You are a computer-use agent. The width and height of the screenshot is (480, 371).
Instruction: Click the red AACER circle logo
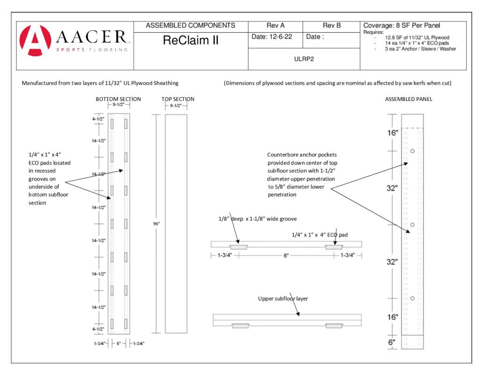pyautogui.click(x=35, y=40)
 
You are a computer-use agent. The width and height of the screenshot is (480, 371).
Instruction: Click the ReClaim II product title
pyautogui.click(x=191, y=40)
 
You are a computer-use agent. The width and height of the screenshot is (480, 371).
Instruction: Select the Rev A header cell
pyautogui.click(x=276, y=25)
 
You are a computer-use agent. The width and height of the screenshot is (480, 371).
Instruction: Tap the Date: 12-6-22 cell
pyautogui.click(x=272, y=37)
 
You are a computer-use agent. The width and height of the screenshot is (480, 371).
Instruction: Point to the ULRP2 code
pyautogui.click(x=304, y=59)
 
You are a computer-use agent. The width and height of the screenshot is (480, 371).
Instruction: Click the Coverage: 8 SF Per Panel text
pyautogui.click(x=402, y=25)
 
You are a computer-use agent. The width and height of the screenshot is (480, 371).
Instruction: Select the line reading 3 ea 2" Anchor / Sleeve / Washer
pyautogui.click(x=420, y=49)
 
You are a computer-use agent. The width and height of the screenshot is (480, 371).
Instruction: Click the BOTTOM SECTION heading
pyautogui.click(x=118, y=99)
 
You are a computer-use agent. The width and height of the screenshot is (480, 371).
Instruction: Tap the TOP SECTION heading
pyautogui.click(x=178, y=99)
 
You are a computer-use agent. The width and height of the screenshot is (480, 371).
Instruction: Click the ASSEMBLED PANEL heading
pyautogui.click(x=409, y=99)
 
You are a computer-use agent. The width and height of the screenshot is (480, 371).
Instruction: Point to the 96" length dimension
pyautogui.click(x=157, y=224)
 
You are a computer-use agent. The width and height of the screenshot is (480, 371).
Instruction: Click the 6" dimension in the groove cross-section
pyautogui.click(x=286, y=256)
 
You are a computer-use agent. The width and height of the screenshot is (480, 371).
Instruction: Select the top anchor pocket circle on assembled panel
pyautogui.click(x=412, y=151)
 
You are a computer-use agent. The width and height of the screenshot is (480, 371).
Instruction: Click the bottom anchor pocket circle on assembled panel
pyautogui.click(x=412, y=298)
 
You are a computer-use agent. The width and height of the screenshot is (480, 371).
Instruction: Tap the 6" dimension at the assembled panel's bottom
pyautogui.click(x=392, y=342)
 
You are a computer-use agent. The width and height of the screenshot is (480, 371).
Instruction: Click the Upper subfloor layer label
pyautogui.click(x=283, y=298)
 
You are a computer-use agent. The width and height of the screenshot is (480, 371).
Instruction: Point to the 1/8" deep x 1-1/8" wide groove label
pyautogui.click(x=257, y=219)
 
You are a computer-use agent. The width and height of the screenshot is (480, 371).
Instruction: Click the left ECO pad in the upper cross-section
pyautogui.click(x=239, y=247)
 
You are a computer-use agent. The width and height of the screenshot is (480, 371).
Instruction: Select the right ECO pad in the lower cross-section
pyautogui.click(x=334, y=326)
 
